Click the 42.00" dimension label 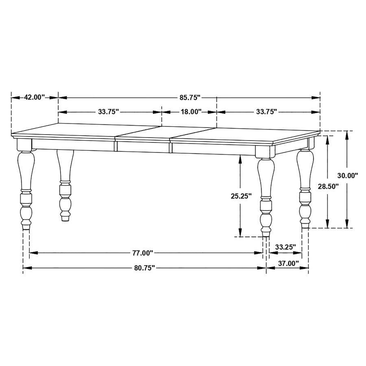click(x=35, y=97)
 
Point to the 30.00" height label click(x=348, y=175)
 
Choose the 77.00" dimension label click(x=142, y=253)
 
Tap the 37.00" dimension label click(x=288, y=264)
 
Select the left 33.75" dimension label click(x=108, y=111)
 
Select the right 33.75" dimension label click(x=267, y=111)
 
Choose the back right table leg click(x=305, y=187)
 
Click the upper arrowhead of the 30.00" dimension click(x=347, y=134)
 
